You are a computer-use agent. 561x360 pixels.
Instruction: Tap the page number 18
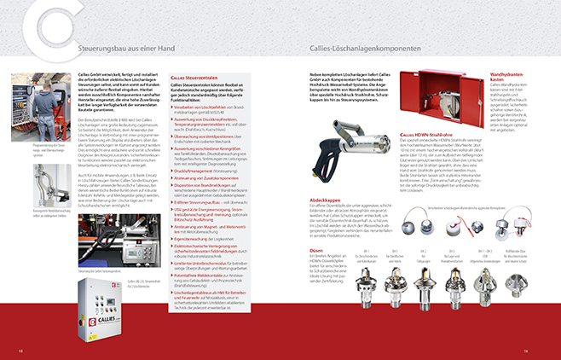pyautogui.click(x=20, y=349)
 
